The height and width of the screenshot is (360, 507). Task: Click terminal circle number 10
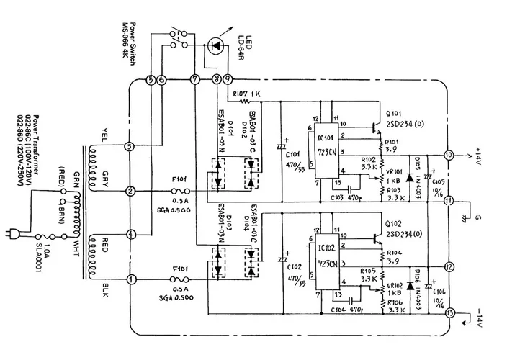click(449, 155)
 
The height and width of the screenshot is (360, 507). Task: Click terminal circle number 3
click(130, 147)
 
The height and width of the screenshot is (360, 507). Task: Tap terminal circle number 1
click(130, 279)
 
